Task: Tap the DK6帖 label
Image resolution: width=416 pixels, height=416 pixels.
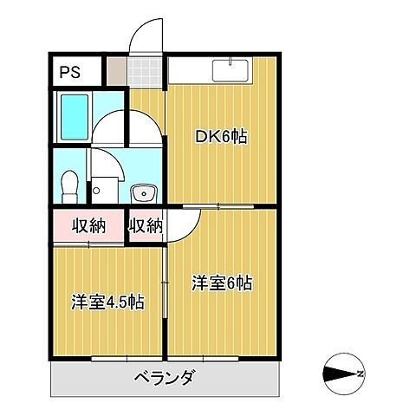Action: [221, 136]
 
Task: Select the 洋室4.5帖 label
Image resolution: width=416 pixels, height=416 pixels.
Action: [107, 302]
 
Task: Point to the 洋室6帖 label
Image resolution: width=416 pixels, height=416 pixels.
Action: [221, 283]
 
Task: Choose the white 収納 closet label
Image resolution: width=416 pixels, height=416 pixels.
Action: [146, 226]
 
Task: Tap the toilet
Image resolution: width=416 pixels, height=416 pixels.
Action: [71, 185]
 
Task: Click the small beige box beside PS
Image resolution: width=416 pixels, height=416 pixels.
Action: [115, 71]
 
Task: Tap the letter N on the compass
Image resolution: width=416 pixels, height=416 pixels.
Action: [359, 374]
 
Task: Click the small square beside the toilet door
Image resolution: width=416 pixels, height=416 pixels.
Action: [99, 189]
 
